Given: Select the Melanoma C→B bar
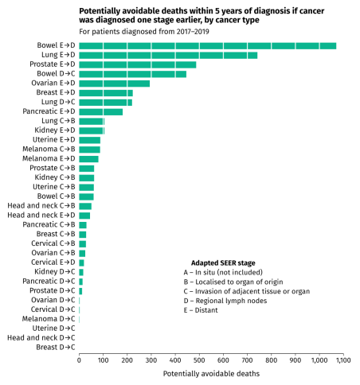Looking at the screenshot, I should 89,149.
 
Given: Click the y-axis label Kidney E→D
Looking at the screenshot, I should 55,130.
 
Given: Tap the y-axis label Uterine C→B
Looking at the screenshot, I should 54,187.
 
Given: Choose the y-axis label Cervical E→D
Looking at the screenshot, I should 53,262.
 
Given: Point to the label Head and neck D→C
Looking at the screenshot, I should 41,338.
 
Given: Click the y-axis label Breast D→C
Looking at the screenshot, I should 57,348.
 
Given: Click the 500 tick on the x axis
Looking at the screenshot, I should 199,360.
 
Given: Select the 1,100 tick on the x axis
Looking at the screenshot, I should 342,360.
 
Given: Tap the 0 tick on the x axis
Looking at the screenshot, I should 79,360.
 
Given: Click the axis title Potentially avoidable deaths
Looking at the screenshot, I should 210,373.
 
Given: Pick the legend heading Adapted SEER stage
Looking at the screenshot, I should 223,262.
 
